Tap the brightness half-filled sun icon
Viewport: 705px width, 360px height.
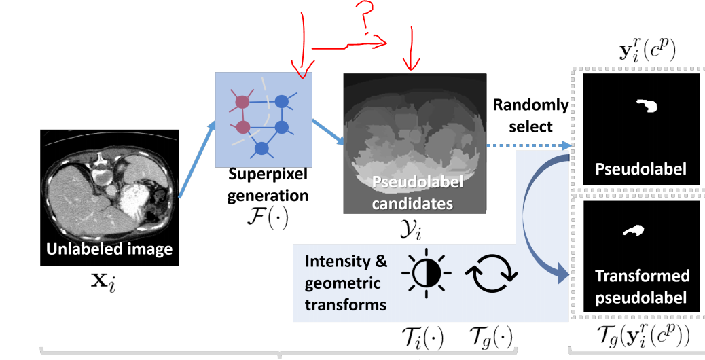click(426, 273)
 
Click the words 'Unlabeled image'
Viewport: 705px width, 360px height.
click(109, 249)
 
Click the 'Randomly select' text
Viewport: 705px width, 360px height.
click(530, 115)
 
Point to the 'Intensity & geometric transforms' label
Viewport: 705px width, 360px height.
click(346, 283)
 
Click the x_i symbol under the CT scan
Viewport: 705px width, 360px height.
click(109, 279)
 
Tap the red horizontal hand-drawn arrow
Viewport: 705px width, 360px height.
click(346, 46)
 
